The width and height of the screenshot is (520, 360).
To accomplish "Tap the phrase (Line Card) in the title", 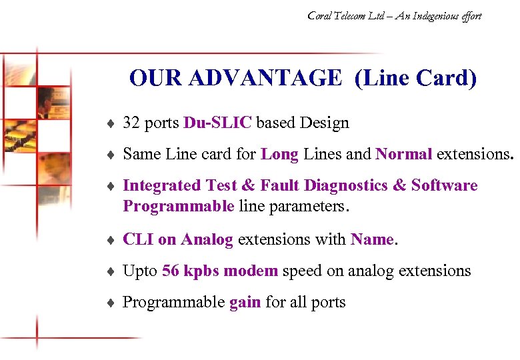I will (416, 79).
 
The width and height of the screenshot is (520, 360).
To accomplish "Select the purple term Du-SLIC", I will (217, 123).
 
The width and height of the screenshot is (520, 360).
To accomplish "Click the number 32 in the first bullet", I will (131, 123).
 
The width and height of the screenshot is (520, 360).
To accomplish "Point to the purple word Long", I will (279, 154).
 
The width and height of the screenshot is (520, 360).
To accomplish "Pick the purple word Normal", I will (404, 154).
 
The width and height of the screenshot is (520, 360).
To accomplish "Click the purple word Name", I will (373, 239).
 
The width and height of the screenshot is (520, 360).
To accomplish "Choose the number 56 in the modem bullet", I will (171, 271).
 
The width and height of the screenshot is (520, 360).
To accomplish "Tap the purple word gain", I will (245, 303).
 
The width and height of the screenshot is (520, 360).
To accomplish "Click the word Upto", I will (140, 271).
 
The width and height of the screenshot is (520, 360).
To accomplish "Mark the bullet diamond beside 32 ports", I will (110, 123).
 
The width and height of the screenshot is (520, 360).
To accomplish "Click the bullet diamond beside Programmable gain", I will (110, 303).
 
